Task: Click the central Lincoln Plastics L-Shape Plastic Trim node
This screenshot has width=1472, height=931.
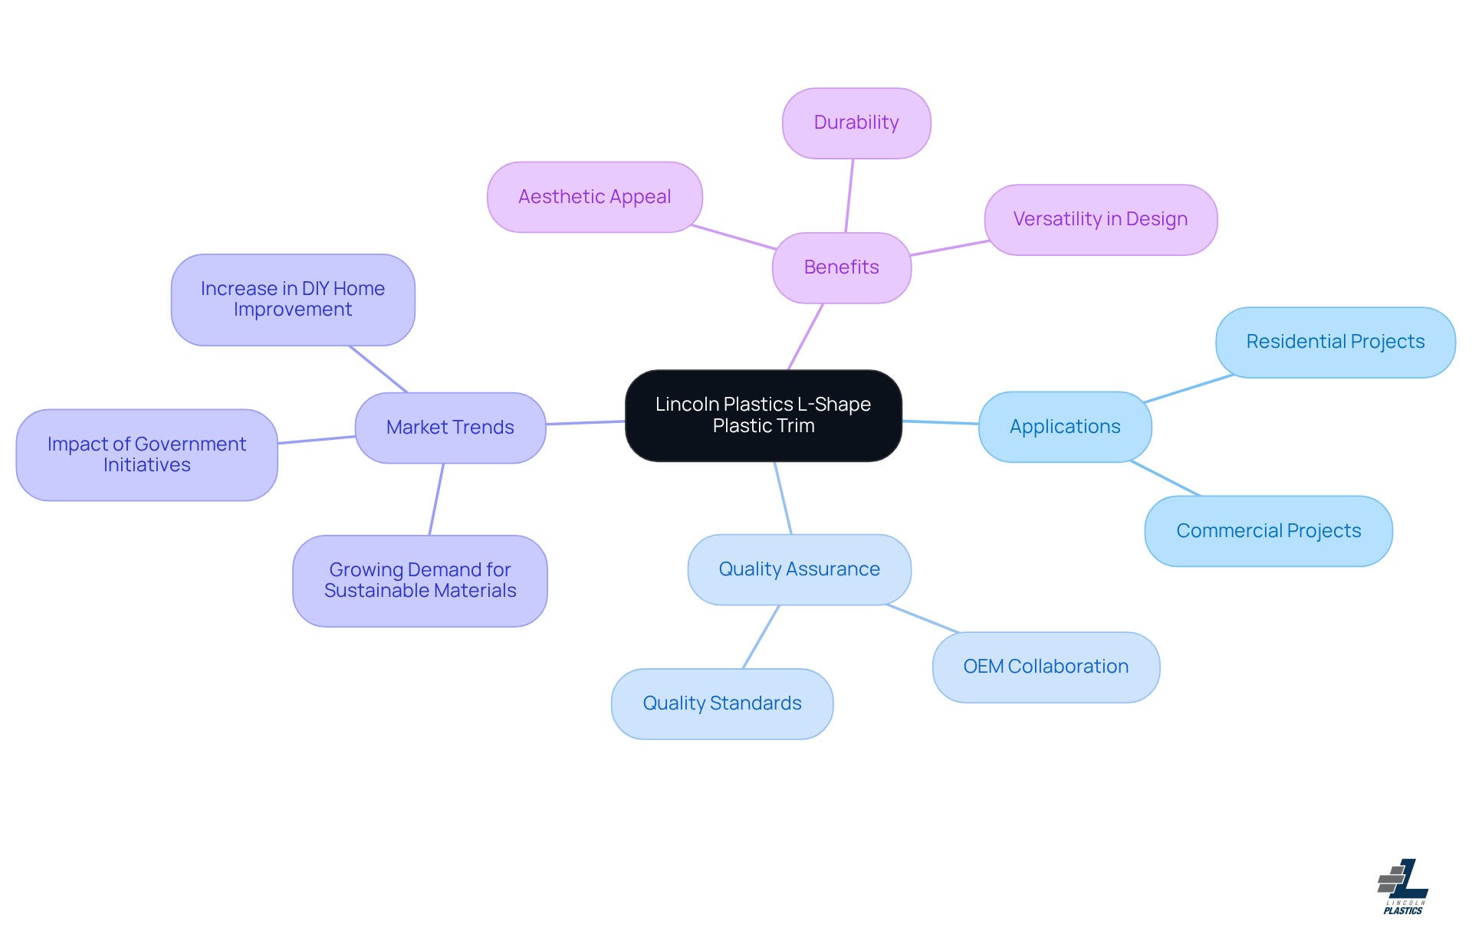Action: click(x=763, y=415)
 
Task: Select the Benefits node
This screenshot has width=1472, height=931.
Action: click(x=841, y=267)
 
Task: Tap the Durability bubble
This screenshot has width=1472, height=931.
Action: click(x=856, y=123)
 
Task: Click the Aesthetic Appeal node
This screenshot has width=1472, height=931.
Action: click(x=594, y=197)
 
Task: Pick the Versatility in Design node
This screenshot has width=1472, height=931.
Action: click(x=1100, y=219)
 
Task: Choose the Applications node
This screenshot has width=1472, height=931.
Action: click(x=1064, y=427)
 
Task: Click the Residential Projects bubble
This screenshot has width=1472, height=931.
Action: click(x=1335, y=342)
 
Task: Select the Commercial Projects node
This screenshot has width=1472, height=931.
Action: click(x=1268, y=531)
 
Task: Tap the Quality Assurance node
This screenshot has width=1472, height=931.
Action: click(x=799, y=569)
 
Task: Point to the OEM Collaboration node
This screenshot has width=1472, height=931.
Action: click(x=1046, y=667)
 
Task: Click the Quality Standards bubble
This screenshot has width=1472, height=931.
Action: click(x=721, y=703)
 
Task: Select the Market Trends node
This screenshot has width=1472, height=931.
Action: click(x=450, y=428)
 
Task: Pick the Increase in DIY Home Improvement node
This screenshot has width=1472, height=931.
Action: click(x=292, y=300)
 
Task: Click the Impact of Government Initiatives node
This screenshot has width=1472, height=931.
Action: click(x=146, y=454)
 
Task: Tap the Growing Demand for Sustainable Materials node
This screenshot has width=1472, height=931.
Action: click(x=419, y=581)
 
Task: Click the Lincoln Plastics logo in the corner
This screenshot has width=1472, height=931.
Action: click(x=1402, y=887)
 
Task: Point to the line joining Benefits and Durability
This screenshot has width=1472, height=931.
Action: click(x=849, y=195)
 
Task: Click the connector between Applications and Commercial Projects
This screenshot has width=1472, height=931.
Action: click(x=1165, y=478)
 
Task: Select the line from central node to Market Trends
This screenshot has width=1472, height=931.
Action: click(x=586, y=422)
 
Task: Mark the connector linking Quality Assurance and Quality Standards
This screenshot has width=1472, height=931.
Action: click(x=761, y=637)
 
